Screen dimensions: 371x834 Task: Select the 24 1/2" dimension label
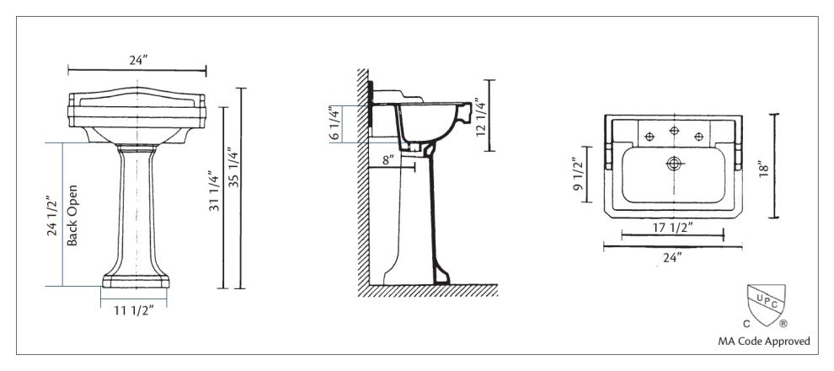point(52,215)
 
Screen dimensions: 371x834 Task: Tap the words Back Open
point(72,215)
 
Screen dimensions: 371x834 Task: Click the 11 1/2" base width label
point(133,310)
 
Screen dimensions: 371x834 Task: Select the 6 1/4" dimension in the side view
point(334,124)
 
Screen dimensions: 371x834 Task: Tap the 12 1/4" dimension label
point(478,116)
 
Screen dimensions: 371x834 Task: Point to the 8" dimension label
point(387,159)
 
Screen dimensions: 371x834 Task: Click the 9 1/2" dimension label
point(578,175)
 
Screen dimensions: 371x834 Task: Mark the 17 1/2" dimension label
point(671,227)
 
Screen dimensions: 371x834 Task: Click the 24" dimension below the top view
point(671,256)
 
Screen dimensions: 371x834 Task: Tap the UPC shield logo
point(765,306)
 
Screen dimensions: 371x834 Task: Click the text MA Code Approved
point(763,341)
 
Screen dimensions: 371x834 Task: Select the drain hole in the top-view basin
point(673,163)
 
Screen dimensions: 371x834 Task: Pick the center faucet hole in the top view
point(673,131)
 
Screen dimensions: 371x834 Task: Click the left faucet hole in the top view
point(649,137)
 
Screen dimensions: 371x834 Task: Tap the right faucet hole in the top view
point(698,137)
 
